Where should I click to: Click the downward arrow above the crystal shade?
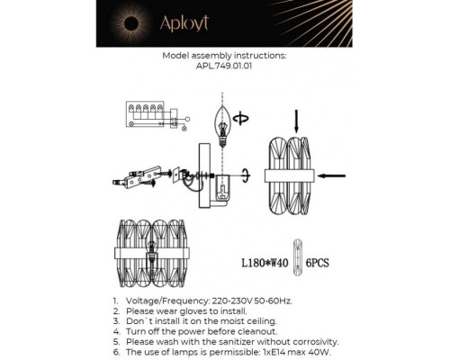coord(298,119)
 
